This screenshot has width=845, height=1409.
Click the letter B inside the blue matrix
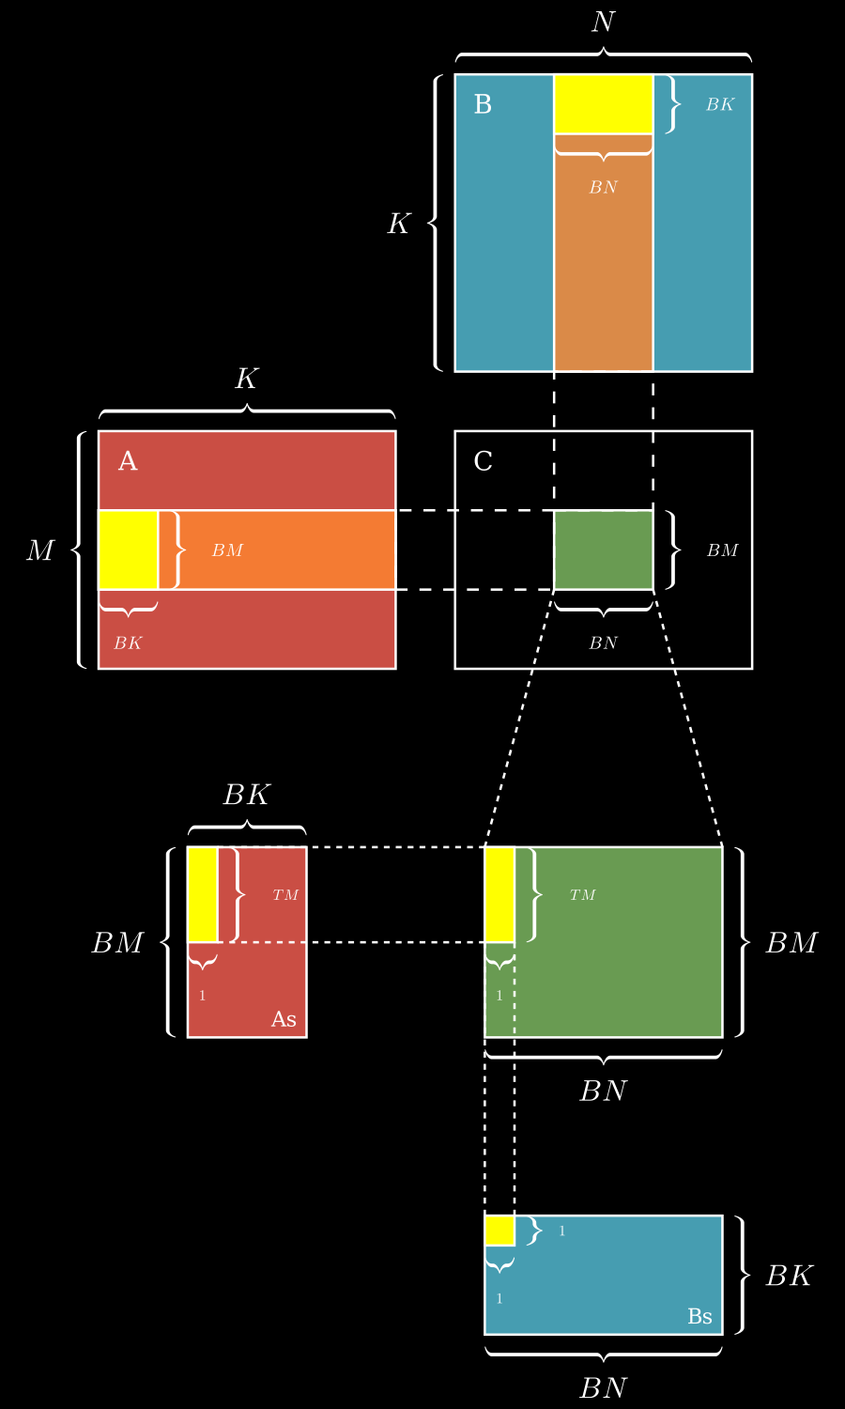[483, 104]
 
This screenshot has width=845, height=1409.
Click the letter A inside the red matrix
[128, 461]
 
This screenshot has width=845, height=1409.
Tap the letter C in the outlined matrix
[483, 461]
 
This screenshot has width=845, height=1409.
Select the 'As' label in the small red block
[284, 1020]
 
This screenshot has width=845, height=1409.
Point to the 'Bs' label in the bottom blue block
[699, 1317]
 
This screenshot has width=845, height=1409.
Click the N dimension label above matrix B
[603, 23]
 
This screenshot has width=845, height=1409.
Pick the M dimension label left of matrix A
[39, 550]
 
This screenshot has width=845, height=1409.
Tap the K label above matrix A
[246, 379]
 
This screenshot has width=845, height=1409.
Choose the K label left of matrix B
[399, 224]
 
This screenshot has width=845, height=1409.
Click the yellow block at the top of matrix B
[603, 104]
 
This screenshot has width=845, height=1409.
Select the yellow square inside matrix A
[128, 550]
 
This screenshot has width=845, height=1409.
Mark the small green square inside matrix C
[603, 550]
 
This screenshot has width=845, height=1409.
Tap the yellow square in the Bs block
[499, 1231]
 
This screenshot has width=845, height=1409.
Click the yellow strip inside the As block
[203, 894]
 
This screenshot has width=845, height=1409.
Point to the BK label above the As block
[246, 796]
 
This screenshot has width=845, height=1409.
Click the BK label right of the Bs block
[789, 1276]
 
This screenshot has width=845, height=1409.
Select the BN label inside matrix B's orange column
[603, 188]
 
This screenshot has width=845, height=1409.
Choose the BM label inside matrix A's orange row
[227, 550]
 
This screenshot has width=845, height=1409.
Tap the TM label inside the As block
[285, 895]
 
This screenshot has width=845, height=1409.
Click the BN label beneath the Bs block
[603, 1387]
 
